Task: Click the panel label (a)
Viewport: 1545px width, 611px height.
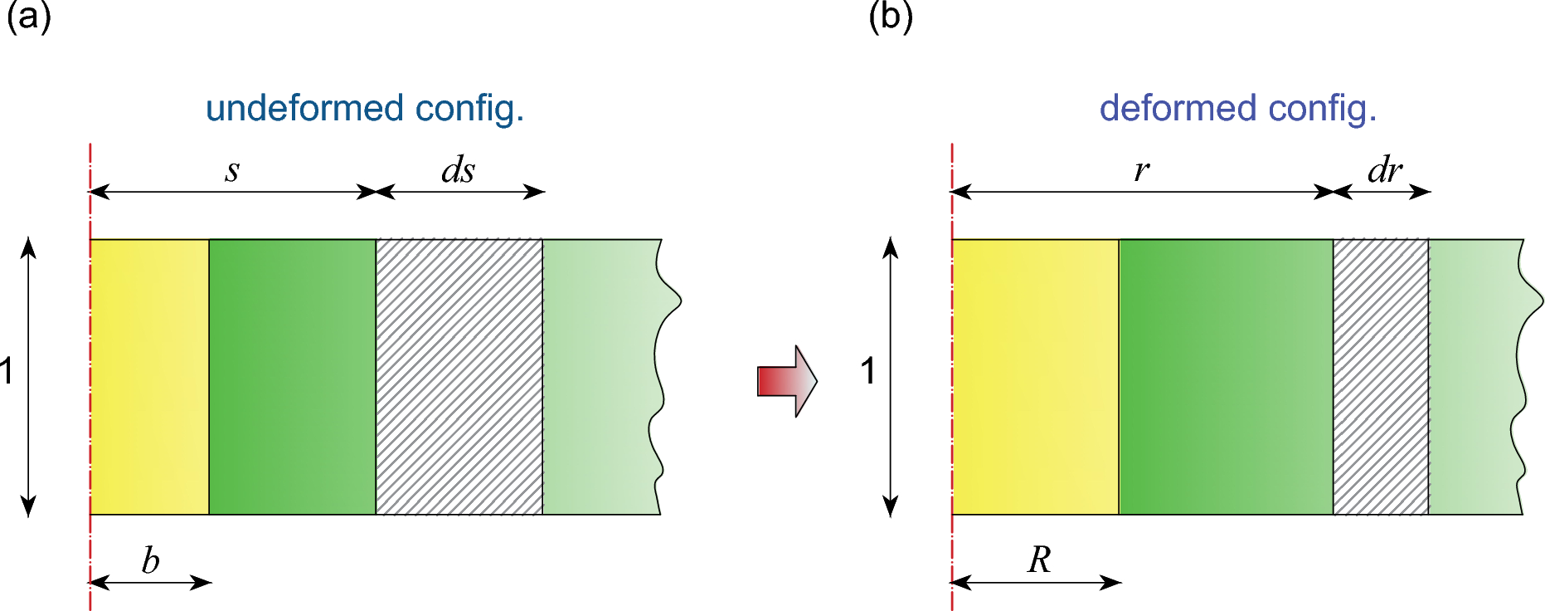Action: (x=28, y=17)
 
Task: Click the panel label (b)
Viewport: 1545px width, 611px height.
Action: (x=890, y=17)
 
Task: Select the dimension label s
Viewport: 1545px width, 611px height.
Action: (x=232, y=171)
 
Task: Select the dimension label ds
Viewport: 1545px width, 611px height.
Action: (x=458, y=170)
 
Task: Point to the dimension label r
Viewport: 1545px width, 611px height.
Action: (x=1141, y=170)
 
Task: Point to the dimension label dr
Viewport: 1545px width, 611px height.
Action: (x=1384, y=170)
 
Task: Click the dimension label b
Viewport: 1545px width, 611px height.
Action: (x=150, y=561)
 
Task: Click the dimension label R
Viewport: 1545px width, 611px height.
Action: (x=1038, y=560)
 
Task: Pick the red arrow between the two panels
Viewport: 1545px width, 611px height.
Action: (x=787, y=381)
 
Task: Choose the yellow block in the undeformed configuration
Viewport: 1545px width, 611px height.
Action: (x=149, y=377)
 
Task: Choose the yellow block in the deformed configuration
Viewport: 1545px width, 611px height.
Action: (x=1035, y=377)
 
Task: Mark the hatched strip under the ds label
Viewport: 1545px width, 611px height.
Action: (x=459, y=377)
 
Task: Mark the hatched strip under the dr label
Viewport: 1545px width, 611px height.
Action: (x=1381, y=377)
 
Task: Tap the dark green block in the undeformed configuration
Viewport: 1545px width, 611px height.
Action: (x=292, y=377)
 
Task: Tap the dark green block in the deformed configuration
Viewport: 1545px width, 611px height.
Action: (x=1226, y=377)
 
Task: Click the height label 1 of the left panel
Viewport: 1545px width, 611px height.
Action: (x=7, y=371)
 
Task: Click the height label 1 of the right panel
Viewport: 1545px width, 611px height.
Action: (x=867, y=371)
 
